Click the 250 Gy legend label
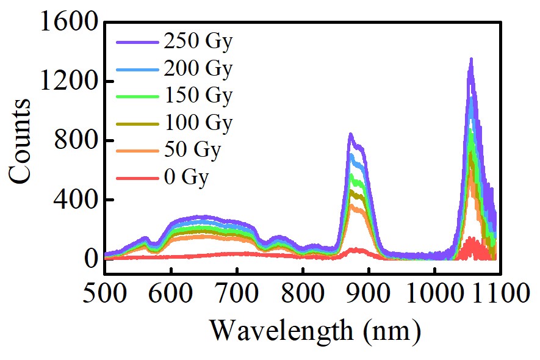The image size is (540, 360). pyautogui.click(x=198, y=42)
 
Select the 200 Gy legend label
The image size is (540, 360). pyautogui.click(x=198, y=69)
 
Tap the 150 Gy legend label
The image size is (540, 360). pyautogui.click(x=198, y=96)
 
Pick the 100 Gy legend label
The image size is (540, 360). pyautogui.click(x=198, y=123)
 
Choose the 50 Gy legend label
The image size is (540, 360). pyautogui.click(x=191, y=150)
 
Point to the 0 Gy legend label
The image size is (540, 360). pyautogui.click(x=186, y=178)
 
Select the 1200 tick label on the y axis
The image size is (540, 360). pyautogui.click(x=68, y=82)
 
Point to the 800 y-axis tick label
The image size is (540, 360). pyautogui.click(x=76, y=141)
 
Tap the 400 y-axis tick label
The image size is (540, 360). pyautogui.click(x=76, y=200)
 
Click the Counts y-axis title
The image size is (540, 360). pyautogui.click(x=21, y=140)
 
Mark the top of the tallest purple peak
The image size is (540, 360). pyautogui.click(x=471, y=59)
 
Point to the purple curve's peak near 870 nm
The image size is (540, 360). pyautogui.click(x=350, y=134)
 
